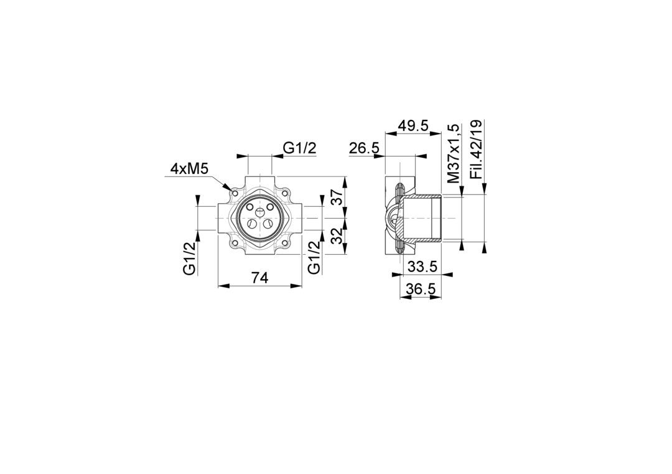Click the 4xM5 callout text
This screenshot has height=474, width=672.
point(189,169)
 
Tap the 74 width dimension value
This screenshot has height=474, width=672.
point(259,278)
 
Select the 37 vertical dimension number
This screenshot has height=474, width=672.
point(338,198)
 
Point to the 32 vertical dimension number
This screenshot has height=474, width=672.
point(338,235)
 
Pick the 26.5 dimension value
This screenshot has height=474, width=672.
point(364,148)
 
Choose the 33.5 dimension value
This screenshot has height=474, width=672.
point(422,267)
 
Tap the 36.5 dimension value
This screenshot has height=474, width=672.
point(421,289)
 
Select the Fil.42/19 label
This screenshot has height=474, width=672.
point(476,149)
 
